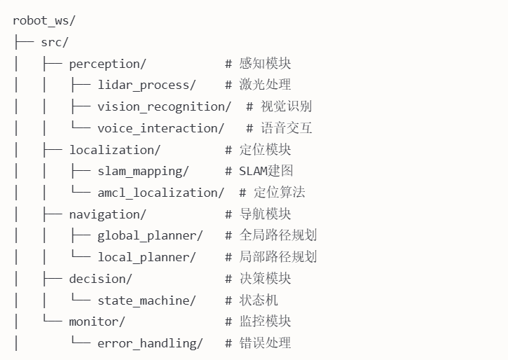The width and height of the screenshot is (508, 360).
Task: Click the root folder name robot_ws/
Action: pyautogui.click(x=44, y=20)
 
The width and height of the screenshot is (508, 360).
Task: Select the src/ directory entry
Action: pyautogui.click(x=55, y=42)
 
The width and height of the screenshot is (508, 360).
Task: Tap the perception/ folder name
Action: pyautogui.click(x=107, y=64)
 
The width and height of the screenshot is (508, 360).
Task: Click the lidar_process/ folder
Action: pyautogui.click(x=146, y=85)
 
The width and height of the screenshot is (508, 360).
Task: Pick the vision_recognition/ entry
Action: pyautogui.click(x=164, y=106)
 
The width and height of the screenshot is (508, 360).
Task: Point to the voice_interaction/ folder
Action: pyautogui.click(x=160, y=128)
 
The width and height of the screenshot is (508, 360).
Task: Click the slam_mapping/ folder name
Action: pyautogui.click(x=143, y=171)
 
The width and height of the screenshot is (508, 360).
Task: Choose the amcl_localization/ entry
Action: pyautogui.click(x=160, y=193)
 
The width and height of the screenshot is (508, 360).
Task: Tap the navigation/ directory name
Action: pyautogui.click(x=107, y=214)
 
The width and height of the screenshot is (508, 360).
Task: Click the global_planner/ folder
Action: pyautogui.click(x=150, y=235)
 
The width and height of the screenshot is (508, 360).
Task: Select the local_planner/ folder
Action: pyautogui.click(x=146, y=257)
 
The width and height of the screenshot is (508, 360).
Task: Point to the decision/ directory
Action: pyautogui.click(x=100, y=279)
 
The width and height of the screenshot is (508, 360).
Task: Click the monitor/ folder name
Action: pyautogui.click(x=97, y=321)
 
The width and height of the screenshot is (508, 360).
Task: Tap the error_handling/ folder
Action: pyautogui.click(x=150, y=343)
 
